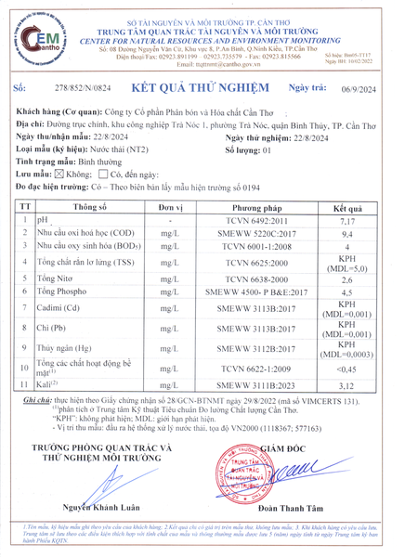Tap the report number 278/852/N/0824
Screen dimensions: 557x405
point(83,87)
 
